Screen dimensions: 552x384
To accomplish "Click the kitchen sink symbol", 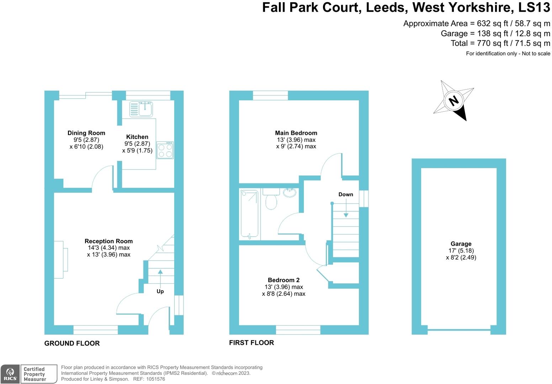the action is click(x=141, y=109).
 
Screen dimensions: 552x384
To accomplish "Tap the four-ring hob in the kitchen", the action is click(x=165, y=150).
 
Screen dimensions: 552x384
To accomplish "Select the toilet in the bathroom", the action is click(x=271, y=199).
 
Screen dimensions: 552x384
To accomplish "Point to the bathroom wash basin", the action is click(x=290, y=193).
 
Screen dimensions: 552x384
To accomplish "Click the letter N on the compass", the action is click(x=453, y=101).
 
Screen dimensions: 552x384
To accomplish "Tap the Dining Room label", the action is click(x=86, y=133).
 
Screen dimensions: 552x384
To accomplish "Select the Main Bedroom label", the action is click(x=296, y=133).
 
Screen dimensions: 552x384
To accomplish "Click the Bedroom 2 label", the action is click(x=283, y=280).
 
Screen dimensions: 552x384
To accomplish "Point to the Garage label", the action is click(x=461, y=244).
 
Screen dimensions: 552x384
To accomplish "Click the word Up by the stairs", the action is click(x=160, y=292).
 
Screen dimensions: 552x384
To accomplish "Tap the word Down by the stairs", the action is click(x=345, y=194).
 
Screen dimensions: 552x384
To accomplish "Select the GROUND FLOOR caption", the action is click(x=72, y=343).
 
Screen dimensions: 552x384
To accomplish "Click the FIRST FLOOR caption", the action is click(x=251, y=343).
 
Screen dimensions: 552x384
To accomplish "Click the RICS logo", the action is click(x=10, y=374).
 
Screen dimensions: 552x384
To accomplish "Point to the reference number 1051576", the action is click(x=155, y=379).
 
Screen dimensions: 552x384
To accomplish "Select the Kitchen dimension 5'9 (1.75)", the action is click(x=137, y=150).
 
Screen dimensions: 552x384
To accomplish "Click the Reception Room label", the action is click(x=109, y=241).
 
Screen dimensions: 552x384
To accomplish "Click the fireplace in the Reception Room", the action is click(x=61, y=260).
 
